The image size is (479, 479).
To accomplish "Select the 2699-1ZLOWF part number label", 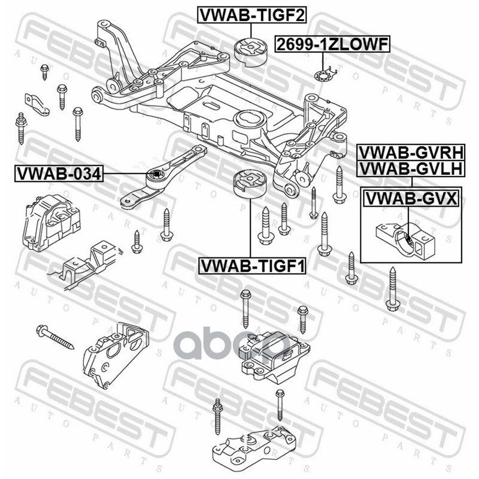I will coord(332,43).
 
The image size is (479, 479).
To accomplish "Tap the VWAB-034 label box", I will coord(59,174).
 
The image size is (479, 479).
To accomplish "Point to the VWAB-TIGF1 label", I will coord(252,263).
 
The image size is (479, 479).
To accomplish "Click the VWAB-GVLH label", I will coord(410,169).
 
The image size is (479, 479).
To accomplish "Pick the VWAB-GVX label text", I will coord(410,197).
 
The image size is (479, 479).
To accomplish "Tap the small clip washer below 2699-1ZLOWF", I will coord(323,76).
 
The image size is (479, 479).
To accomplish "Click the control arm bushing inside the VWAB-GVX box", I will coord(403,238).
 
